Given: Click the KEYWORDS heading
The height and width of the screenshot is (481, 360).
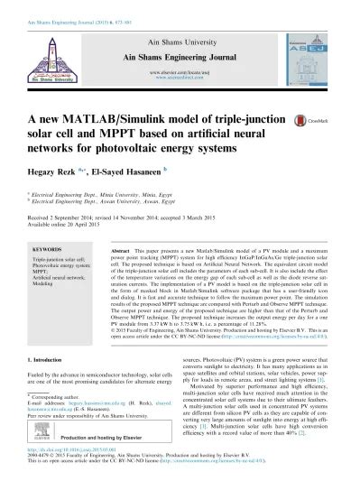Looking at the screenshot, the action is (x=46, y=246).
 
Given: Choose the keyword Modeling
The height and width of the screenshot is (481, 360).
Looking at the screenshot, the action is (x=43, y=288).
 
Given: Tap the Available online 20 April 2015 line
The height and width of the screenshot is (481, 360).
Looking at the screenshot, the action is (x=70, y=227).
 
